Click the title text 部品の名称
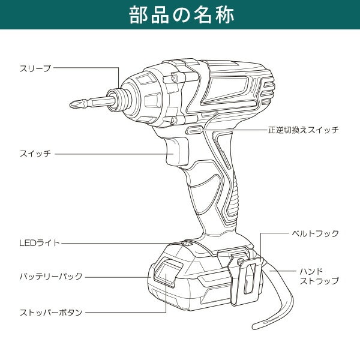[x=180, y=15]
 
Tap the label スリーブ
[x=35, y=69]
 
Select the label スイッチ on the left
[x=35, y=154]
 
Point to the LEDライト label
[x=40, y=243]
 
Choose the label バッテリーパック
[x=50, y=277]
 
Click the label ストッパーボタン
[x=50, y=313]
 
